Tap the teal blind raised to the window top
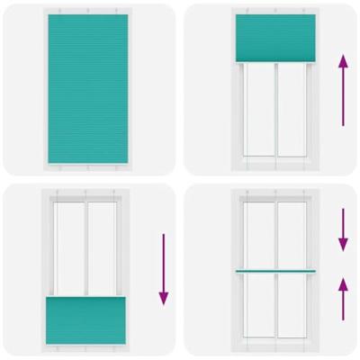coord(274,39)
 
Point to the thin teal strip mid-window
coord(274,271)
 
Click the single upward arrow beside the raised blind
coord(342,90)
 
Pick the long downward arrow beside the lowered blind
coord(163,270)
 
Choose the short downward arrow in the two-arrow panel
coord(343,230)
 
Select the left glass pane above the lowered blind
coord(69,248)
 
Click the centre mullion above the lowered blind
coord(86,248)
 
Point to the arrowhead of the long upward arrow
coord(342,60)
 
